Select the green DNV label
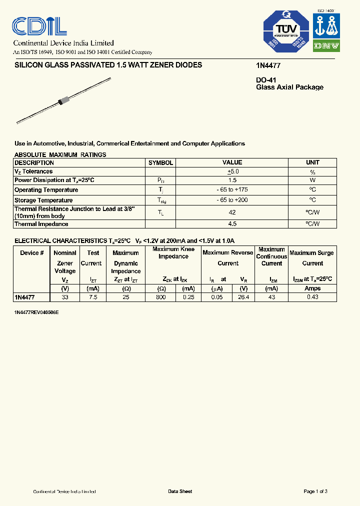[326, 45]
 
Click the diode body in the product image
[62, 100]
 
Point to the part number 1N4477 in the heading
[265, 65]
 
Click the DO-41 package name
[266, 80]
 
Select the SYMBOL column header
[160, 162]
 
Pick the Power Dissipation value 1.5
[232, 180]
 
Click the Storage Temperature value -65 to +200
[232, 200]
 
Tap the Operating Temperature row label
[46, 190]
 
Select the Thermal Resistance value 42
[232, 212]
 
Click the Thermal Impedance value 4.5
[232, 223]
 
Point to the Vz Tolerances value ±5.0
[232, 171]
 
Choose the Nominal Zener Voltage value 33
[65, 297]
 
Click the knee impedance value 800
[161, 297]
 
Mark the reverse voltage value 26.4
[243, 297]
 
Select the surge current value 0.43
[312, 297]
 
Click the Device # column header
[31, 253]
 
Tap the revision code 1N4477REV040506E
[36, 312]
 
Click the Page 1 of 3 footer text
[315, 491]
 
